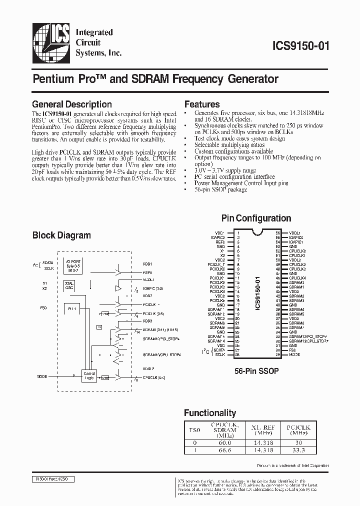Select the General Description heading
tap(71, 104)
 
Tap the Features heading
tap(202, 104)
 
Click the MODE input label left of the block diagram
tap(42, 376)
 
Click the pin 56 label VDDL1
tap(294, 233)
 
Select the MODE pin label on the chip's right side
tap(294, 354)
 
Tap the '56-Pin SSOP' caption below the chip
tap(256, 371)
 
